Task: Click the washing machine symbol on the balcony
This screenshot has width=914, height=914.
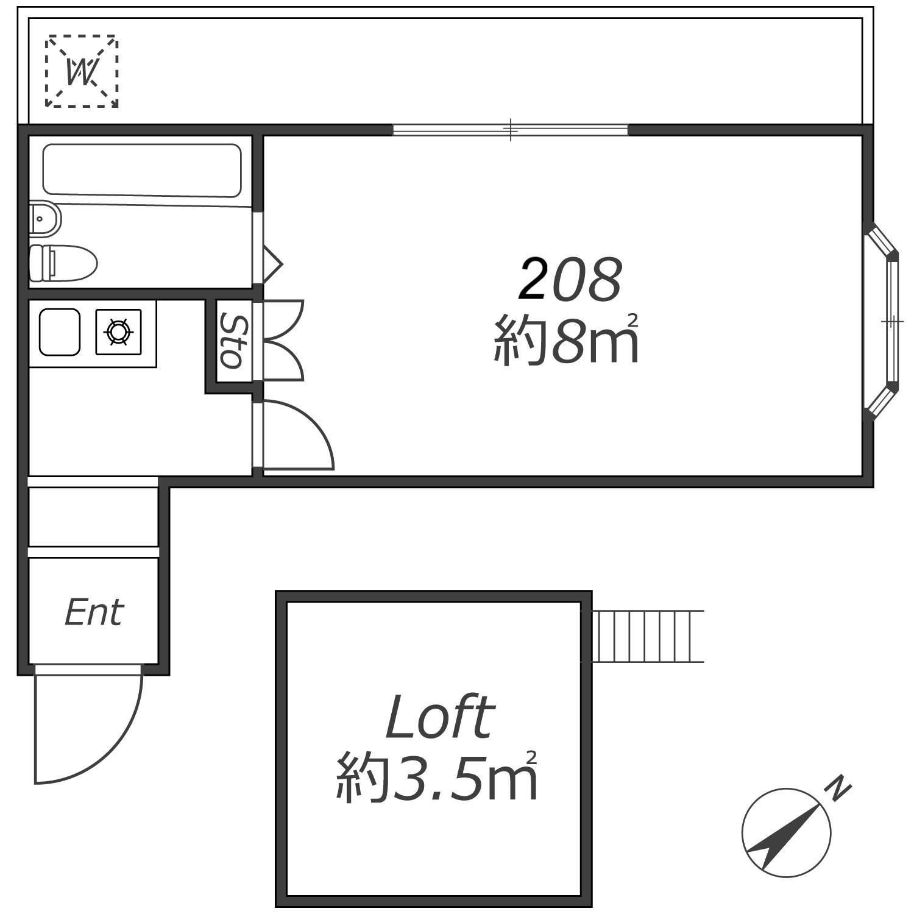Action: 82,71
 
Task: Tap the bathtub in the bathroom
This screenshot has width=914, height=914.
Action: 142,171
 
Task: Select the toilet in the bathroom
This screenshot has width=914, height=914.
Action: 63,263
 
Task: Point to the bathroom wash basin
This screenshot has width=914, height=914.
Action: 45,218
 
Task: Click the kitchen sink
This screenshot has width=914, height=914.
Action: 60,332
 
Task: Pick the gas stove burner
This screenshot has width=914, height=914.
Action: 118,332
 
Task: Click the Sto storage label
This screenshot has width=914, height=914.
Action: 235,341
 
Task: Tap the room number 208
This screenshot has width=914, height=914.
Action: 570,279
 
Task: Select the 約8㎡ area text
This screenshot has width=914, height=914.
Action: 566,339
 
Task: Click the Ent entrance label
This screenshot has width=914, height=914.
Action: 94,612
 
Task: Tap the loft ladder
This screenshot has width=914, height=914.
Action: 647,636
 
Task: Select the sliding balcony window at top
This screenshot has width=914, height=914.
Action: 510,130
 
